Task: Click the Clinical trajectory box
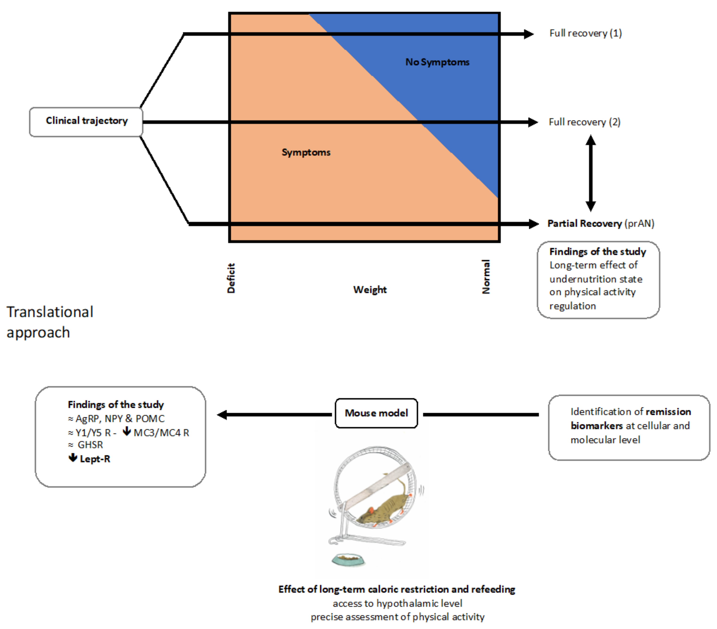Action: pos(86,122)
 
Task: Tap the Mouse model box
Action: pos(376,413)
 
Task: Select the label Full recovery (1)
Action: pos(585,33)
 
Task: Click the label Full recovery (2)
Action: pos(585,122)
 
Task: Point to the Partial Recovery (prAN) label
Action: pos(600,223)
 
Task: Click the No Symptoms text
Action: pos(437,62)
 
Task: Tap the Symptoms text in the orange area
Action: pos(306,152)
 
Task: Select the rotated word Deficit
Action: pos(231,278)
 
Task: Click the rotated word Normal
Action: pos(486,277)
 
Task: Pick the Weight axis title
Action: pos(370,290)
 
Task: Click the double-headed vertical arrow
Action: pos(591,173)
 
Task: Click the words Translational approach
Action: pos(50,322)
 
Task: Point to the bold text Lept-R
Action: pos(95,459)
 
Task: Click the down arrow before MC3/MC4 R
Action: pos(127,432)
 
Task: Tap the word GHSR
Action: pos(90,445)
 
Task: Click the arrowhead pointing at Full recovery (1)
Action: pos(529,34)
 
